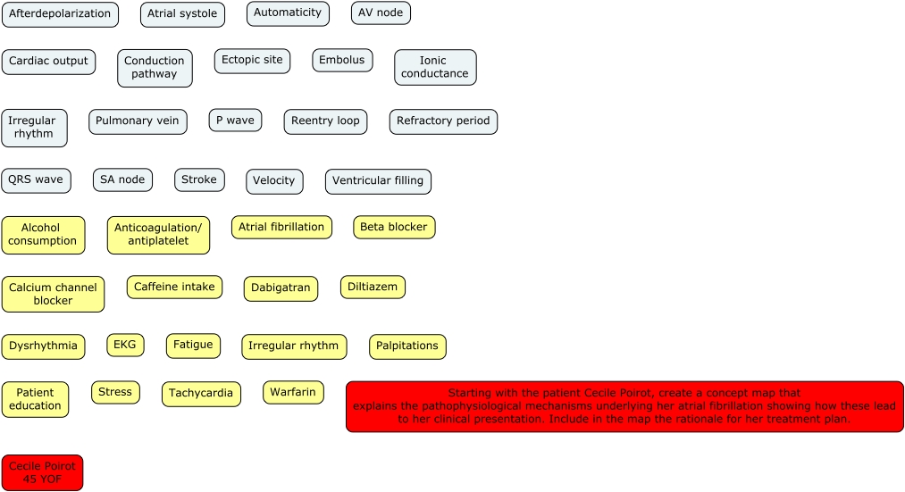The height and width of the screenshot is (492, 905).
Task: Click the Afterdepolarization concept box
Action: pos(60,14)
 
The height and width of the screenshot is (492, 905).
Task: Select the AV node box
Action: pos(381,13)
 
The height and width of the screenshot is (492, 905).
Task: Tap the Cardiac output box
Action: pos(48,62)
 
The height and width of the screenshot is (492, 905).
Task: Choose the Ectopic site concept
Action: pos(252,61)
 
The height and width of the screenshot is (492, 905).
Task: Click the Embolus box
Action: pos(342,61)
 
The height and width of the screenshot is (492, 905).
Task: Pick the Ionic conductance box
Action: pos(435,67)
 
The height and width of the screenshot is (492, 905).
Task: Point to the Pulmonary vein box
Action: pos(138,121)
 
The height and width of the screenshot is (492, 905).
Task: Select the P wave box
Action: pos(235,121)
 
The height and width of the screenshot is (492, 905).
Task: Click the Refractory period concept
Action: pos(443,121)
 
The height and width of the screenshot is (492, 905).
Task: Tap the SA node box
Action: pos(122,179)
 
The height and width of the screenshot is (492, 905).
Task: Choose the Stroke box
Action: pos(199,179)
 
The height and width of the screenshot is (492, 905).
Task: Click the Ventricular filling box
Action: pos(378,181)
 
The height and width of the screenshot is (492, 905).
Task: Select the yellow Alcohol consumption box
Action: pos(43,235)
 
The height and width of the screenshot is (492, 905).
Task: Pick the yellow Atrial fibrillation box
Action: pos(281,227)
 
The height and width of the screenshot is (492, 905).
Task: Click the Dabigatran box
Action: pos(281,288)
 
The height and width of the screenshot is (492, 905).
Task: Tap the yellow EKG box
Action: pos(125,345)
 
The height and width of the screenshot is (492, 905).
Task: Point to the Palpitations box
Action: pos(407,346)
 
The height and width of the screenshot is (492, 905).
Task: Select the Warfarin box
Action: pos(293,392)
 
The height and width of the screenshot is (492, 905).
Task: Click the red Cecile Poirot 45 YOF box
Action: pos(42,472)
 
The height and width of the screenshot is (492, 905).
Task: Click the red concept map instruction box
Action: pos(624,406)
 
